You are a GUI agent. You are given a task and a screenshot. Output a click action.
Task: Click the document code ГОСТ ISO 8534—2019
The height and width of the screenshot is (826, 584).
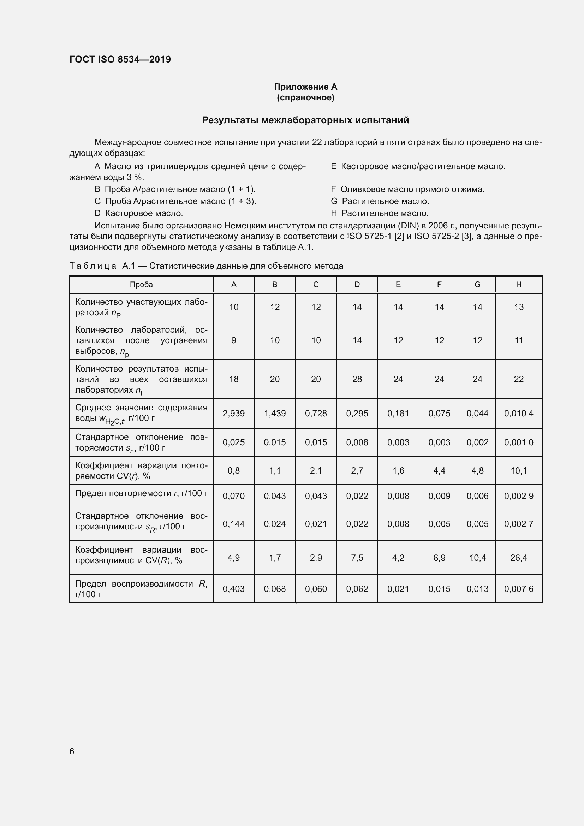point(120,59)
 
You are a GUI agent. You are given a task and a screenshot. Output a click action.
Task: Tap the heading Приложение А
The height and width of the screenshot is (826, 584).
point(305,87)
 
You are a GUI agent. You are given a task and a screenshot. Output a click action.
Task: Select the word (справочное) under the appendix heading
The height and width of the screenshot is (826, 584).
point(305,97)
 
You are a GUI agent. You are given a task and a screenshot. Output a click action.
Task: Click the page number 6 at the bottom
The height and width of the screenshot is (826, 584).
point(72,751)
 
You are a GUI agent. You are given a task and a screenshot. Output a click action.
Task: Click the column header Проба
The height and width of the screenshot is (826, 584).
point(141,285)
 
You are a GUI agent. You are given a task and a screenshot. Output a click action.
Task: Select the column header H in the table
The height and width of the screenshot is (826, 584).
point(519,285)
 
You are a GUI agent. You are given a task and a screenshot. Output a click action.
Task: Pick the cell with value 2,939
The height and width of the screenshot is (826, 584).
point(234,414)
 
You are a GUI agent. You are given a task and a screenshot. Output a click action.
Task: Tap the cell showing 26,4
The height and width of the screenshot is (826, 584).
point(519,558)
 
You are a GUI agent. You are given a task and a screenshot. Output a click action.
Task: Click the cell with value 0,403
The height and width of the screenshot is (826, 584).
point(234,589)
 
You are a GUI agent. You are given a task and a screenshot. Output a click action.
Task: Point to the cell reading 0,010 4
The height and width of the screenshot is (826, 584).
point(519,414)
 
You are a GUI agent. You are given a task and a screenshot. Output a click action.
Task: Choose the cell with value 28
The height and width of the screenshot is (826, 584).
point(357,379)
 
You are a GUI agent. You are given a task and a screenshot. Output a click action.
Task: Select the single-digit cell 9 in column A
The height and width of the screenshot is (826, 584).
point(234,340)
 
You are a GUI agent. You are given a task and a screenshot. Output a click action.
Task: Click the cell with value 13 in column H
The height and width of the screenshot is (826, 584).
point(519,307)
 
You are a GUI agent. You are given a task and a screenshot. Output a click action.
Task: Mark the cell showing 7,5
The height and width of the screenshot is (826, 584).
point(357,558)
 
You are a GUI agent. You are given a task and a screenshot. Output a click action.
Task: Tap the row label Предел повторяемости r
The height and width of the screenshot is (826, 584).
point(141,493)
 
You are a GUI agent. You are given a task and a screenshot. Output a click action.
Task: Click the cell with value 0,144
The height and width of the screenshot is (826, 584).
point(234,524)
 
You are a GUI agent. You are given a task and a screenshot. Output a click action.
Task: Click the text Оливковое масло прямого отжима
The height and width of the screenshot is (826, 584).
point(412,189)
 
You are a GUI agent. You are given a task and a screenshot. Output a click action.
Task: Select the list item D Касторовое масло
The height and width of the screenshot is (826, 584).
point(139,213)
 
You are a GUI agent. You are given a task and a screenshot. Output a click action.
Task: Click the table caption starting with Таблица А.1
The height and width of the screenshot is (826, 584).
point(206,266)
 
